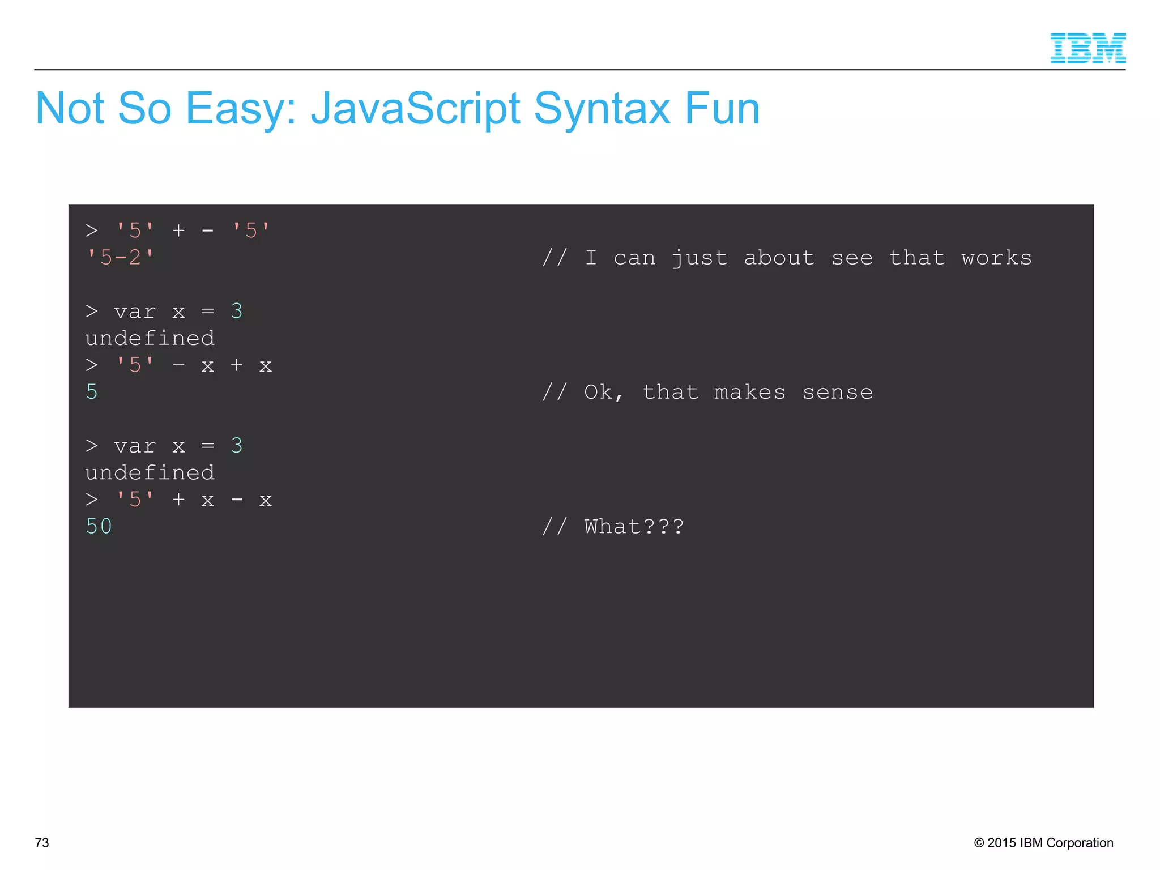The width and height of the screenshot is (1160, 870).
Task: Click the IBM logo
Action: pyautogui.click(x=1087, y=48)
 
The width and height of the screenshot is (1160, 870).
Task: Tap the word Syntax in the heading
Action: pyautogui.click(x=602, y=109)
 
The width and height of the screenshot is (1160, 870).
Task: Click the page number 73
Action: pyautogui.click(x=42, y=842)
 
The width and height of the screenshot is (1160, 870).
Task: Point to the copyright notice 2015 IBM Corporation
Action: pyautogui.click(x=1043, y=842)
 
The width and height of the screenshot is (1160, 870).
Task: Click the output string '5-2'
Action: pyautogui.click(x=120, y=258)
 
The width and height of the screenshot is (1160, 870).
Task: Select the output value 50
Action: pyautogui.click(x=99, y=526)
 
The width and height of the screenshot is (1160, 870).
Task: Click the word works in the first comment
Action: pyautogui.click(x=996, y=258)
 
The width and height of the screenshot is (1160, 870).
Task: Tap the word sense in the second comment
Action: pyautogui.click(x=837, y=392)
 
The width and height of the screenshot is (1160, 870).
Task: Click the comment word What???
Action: pyautogui.click(x=634, y=526)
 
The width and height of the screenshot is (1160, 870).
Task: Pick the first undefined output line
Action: pyautogui.click(x=150, y=338)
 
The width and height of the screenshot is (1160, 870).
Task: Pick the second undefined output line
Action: pyautogui.click(x=150, y=472)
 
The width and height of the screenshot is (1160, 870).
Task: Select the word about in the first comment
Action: pyautogui.click(x=779, y=258)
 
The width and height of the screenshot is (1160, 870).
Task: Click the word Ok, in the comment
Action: pyautogui.click(x=604, y=392)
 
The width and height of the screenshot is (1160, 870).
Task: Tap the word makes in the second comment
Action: pyautogui.click(x=749, y=392)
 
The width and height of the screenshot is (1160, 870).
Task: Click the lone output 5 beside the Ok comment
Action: pyautogui.click(x=92, y=392)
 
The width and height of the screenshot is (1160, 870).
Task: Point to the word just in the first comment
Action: pyautogui.click(x=700, y=258)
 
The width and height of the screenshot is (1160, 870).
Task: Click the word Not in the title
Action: pyautogui.click(x=70, y=109)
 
